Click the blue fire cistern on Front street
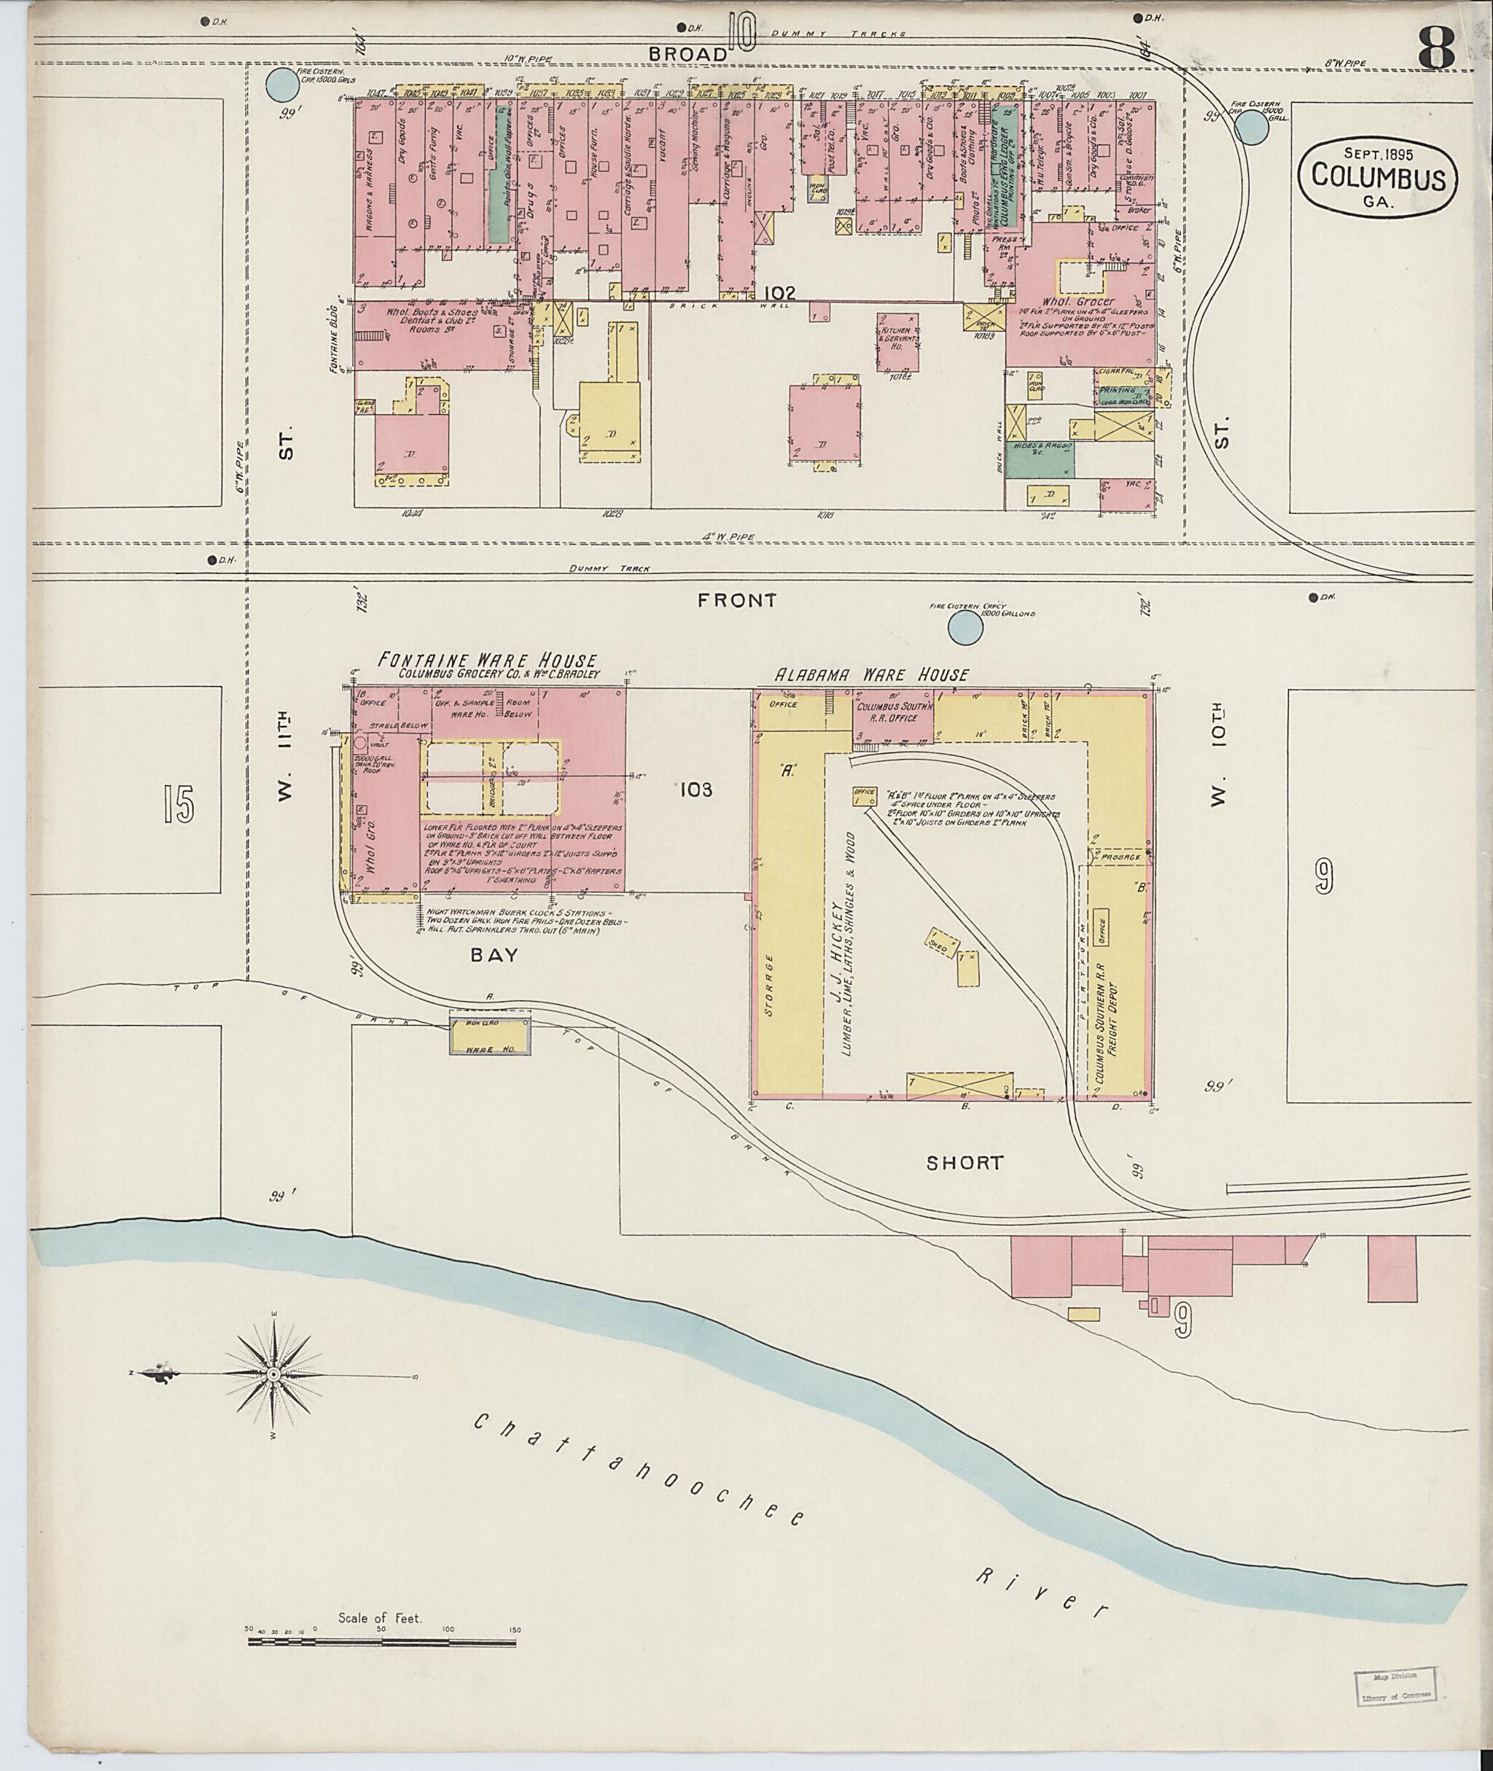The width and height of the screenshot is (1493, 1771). [965, 627]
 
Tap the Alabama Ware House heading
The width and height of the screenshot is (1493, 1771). [873, 674]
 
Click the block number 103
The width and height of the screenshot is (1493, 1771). [695, 790]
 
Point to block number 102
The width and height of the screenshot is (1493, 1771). [779, 293]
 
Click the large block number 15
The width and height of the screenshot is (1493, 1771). [179, 804]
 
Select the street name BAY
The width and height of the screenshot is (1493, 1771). [494, 955]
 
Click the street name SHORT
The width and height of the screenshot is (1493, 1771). [964, 1162]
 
